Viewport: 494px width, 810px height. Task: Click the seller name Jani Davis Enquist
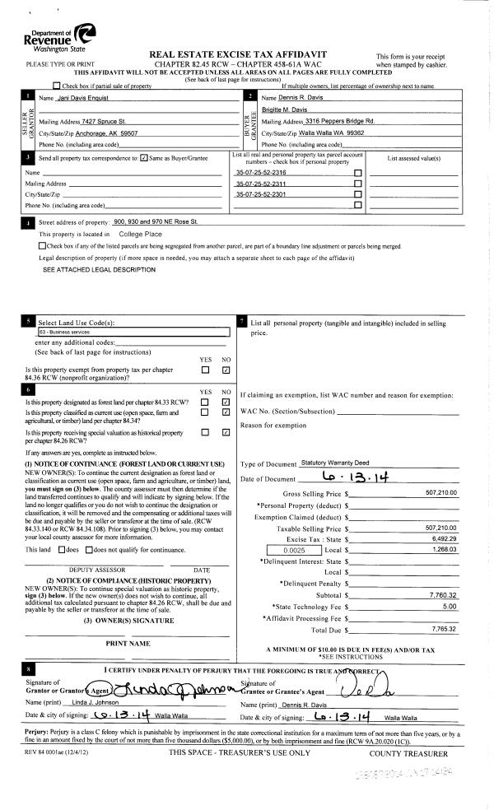[x=65, y=98]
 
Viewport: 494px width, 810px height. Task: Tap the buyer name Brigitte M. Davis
[x=286, y=109]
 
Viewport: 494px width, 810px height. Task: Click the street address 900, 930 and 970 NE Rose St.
[x=156, y=222]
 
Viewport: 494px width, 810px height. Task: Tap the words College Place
[x=141, y=234]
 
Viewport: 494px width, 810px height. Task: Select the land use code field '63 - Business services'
[x=132, y=333]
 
